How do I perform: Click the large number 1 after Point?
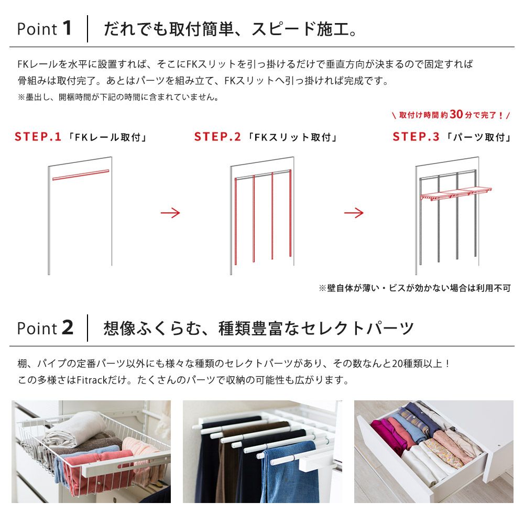click(66, 28)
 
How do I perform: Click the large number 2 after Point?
click(67, 328)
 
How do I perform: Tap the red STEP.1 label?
click(38, 137)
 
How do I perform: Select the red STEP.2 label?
click(217, 137)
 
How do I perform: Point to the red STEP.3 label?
click(416, 137)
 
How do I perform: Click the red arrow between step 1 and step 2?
click(170, 213)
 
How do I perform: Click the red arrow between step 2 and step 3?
click(354, 213)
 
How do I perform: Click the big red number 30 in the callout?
click(456, 114)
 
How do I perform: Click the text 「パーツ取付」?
click(479, 138)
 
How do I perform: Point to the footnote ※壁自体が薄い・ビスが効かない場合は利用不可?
click(414, 288)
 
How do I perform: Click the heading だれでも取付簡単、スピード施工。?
click(231, 29)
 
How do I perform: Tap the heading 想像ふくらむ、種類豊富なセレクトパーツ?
click(259, 329)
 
